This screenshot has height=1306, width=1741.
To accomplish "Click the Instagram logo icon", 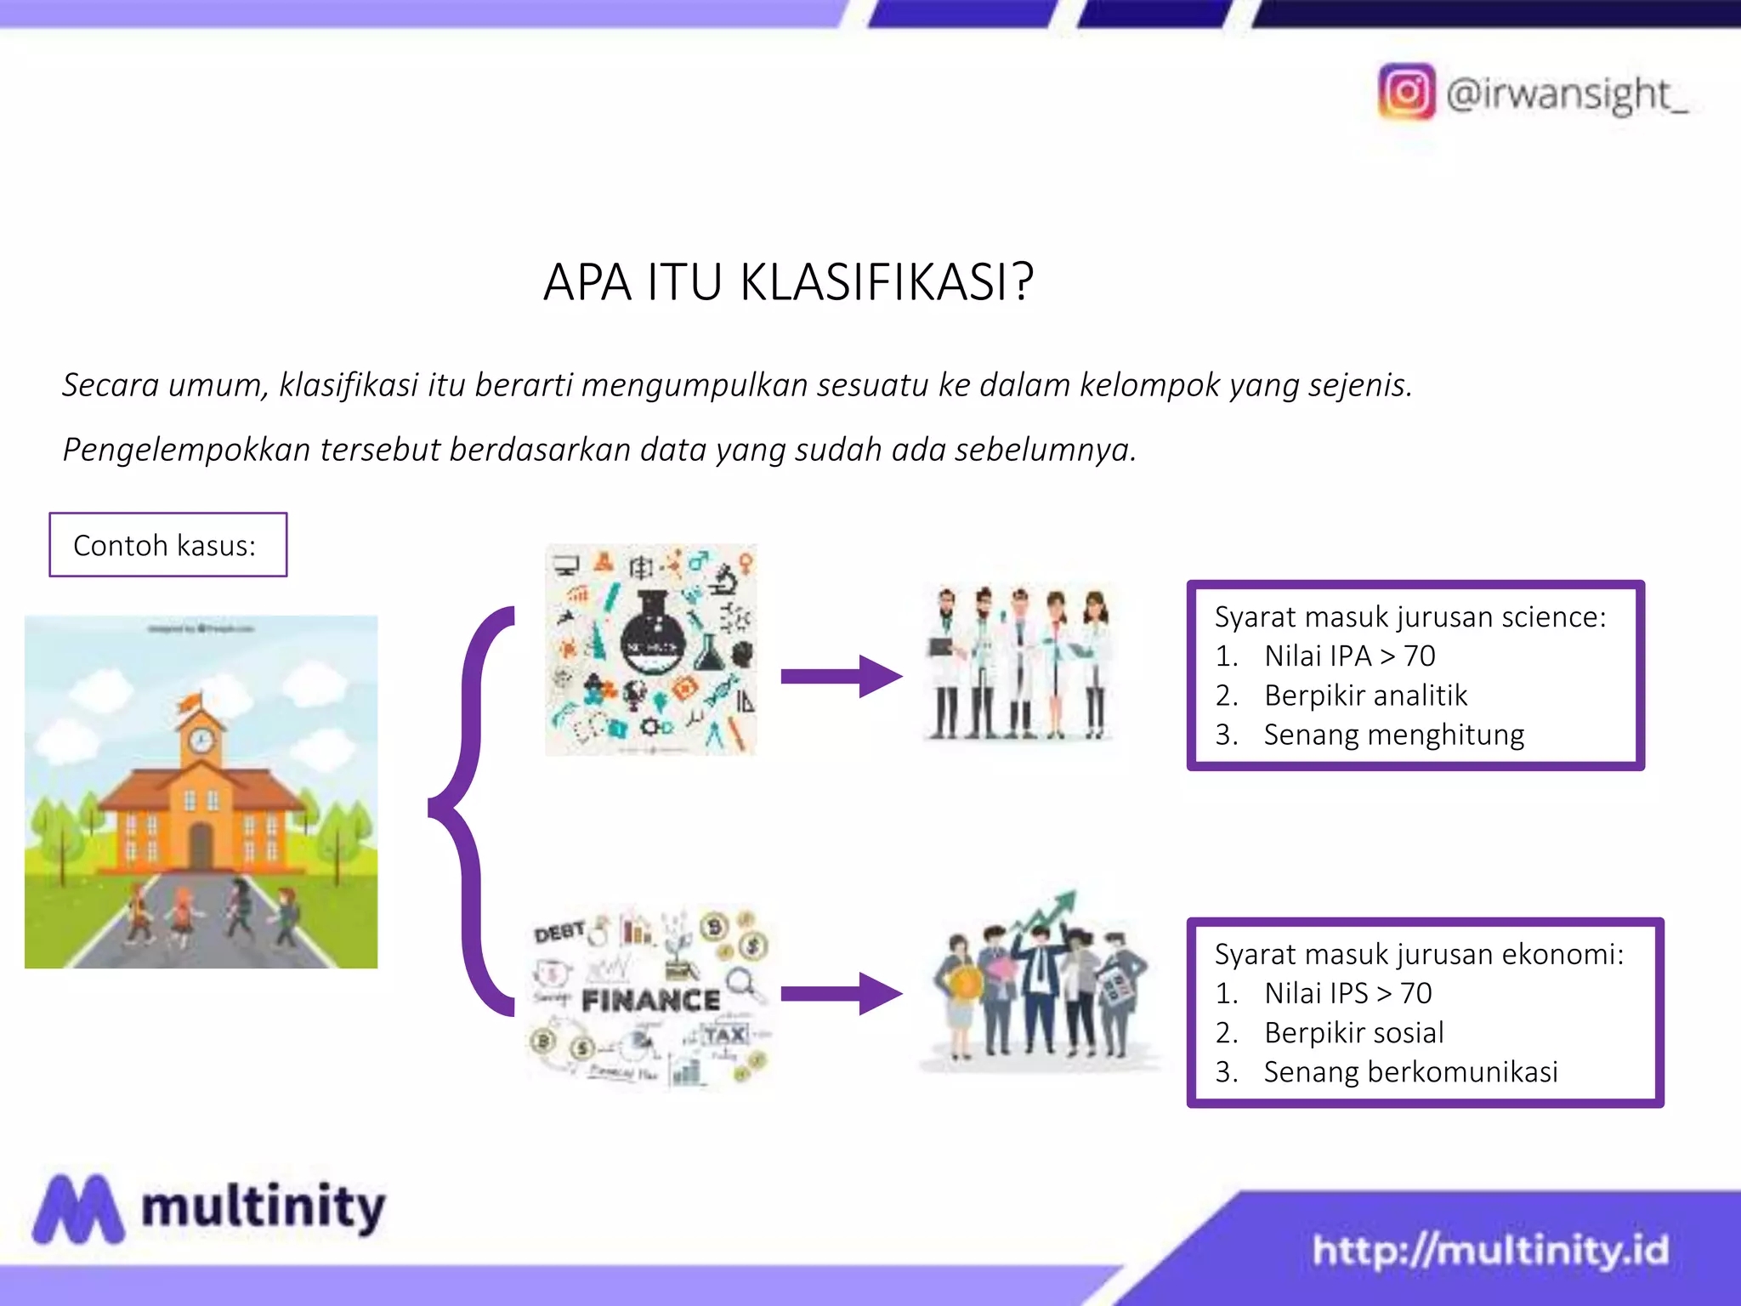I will pos(1406,92).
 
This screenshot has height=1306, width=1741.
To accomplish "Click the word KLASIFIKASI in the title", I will pos(886,282).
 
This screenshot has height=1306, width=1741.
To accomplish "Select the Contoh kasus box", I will pos(168,545).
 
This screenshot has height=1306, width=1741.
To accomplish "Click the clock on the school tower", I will pos(201,741).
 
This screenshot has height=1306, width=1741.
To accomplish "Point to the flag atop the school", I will pos(190,701).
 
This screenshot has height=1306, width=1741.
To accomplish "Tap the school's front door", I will pos(201,845).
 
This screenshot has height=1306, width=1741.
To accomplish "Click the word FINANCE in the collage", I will pos(650,1001).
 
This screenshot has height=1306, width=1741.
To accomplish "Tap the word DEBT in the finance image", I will pos(559,933).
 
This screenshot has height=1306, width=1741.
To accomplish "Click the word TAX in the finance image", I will pos(725,1035).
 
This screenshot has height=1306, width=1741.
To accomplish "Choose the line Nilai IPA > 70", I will pos(1349,656).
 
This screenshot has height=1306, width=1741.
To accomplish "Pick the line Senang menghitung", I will pos(1393,735).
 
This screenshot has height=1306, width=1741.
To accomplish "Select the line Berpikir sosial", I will pos(1353,1032).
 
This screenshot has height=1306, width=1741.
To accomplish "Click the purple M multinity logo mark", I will pos(78,1208).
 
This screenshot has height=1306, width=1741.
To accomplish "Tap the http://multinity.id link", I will pos(1489,1251).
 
